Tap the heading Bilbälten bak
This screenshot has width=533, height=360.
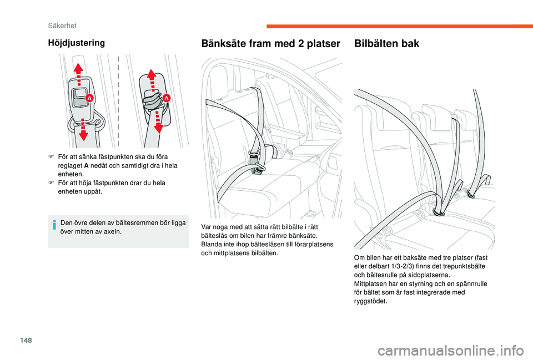(x=386, y=43)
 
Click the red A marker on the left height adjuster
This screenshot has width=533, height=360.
(x=89, y=98)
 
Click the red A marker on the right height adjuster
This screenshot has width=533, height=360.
(x=166, y=98)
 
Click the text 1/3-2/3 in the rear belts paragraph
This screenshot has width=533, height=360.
(x=409, y=266)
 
